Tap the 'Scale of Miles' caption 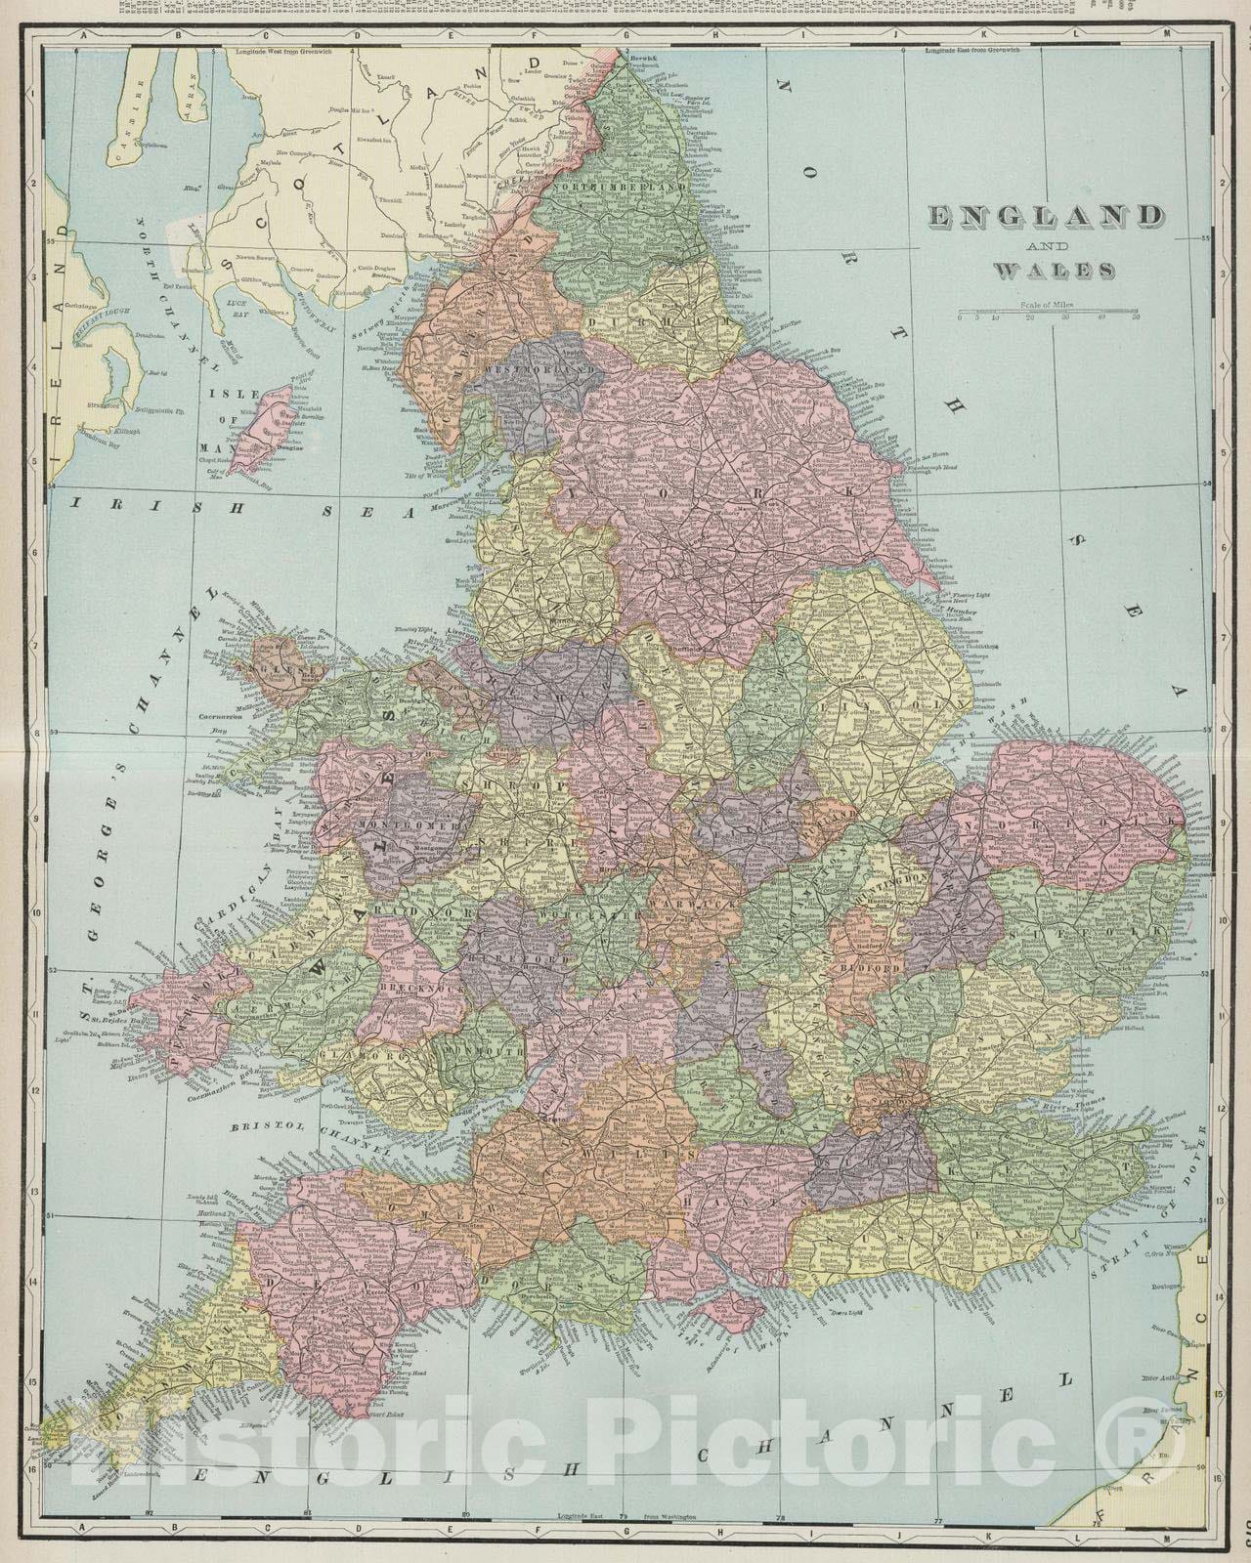(1045, 304)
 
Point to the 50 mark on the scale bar (1135, 317)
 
